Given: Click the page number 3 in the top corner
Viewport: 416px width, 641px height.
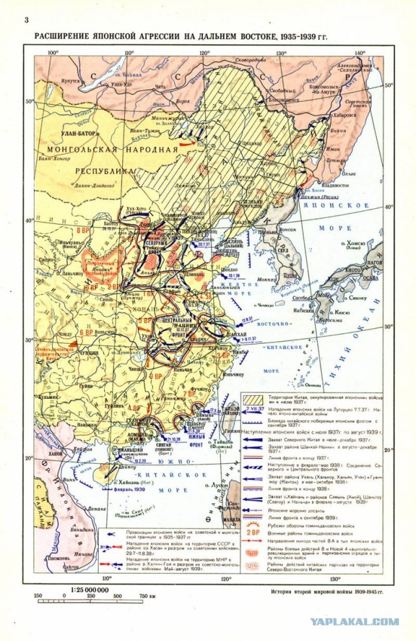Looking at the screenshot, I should coord(25,20).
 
